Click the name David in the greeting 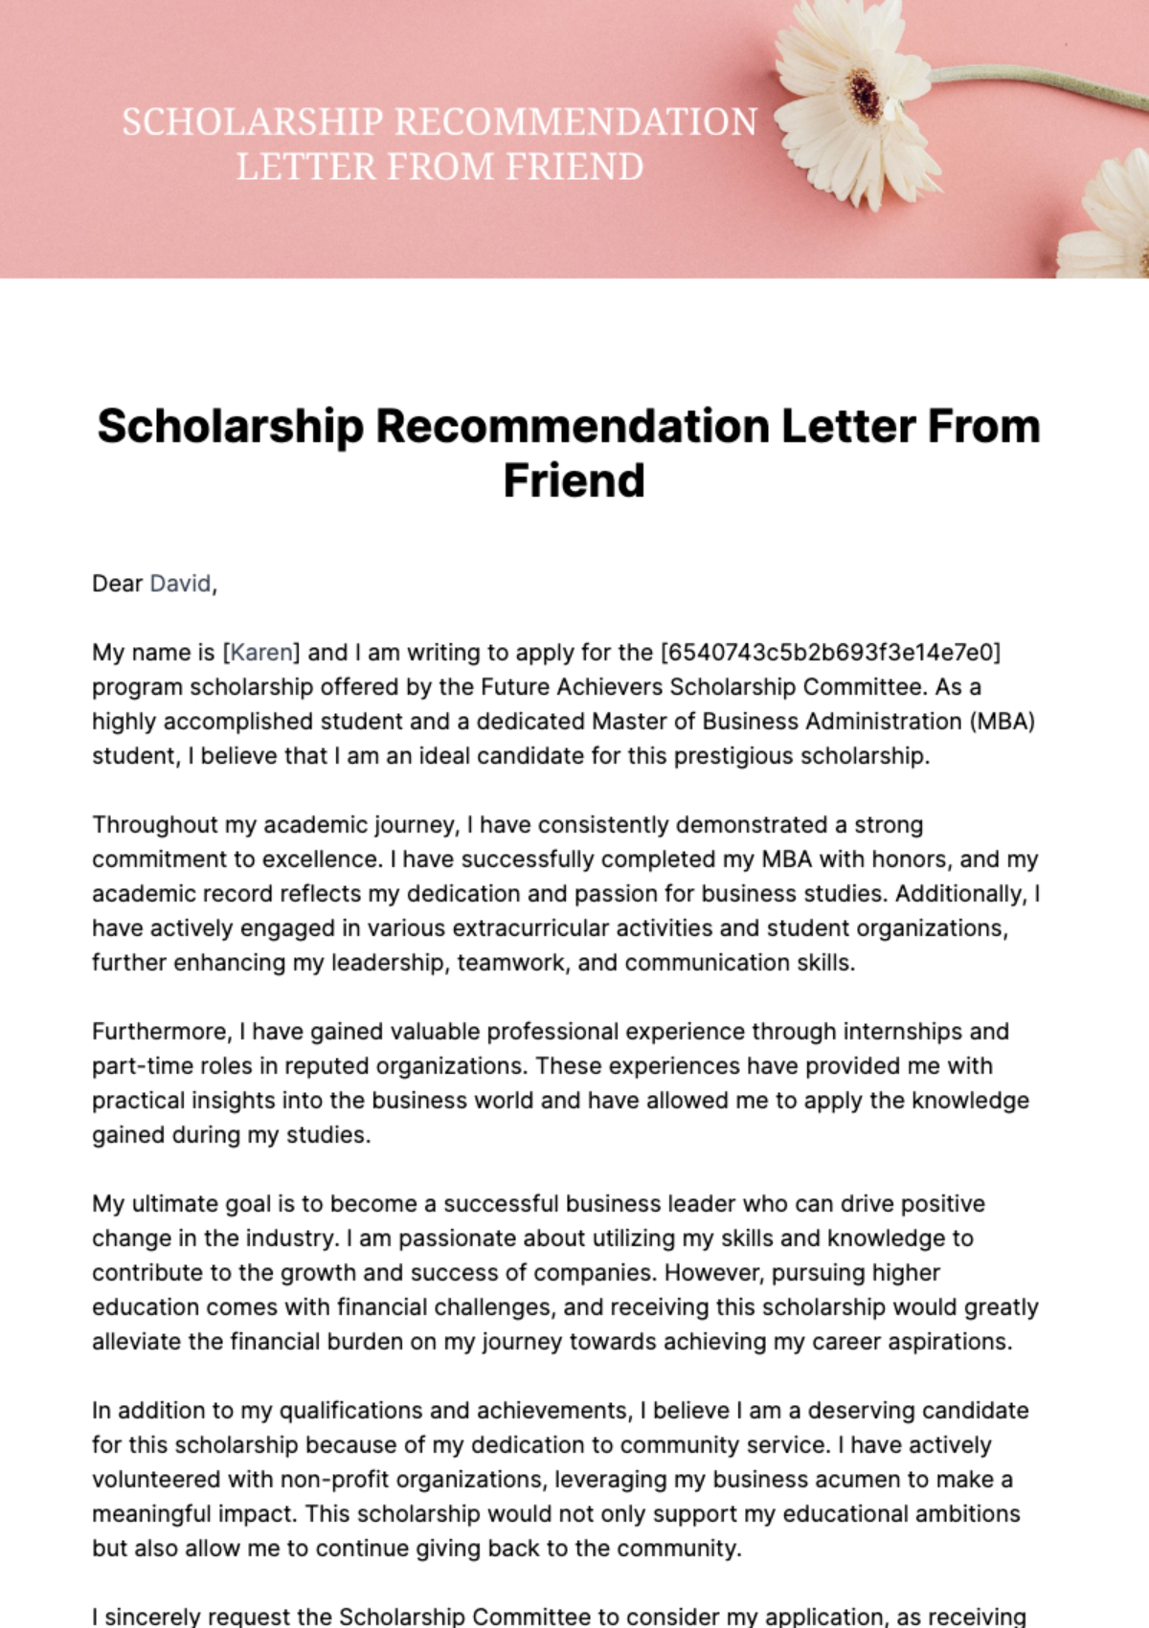180,584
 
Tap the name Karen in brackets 261,653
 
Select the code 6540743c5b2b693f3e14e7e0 830,653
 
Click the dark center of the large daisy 867,96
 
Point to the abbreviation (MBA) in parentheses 1003,722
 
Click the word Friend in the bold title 574,480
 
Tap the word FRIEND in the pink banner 574,167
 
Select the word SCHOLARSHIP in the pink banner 252,123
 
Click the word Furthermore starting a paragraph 161,1032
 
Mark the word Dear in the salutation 117,584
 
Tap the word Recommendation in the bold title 573,427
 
